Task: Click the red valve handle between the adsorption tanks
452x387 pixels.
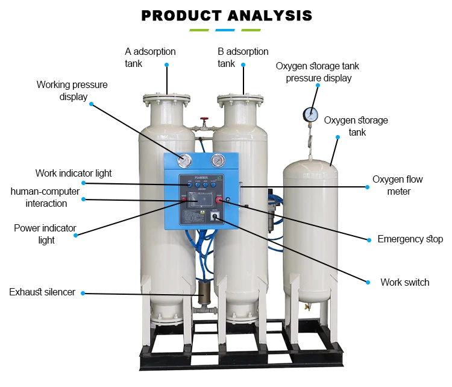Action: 205,120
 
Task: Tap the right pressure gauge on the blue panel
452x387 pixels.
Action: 217,162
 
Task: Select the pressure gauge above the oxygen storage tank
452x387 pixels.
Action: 311,113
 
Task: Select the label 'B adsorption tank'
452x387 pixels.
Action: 243,57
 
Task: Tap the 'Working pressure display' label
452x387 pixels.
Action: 72,90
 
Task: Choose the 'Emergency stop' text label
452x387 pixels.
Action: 410,239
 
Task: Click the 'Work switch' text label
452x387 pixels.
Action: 404,282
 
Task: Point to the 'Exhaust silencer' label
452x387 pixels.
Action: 42,292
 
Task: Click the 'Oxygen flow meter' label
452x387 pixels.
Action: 398,185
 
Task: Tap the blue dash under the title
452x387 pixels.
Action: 225,30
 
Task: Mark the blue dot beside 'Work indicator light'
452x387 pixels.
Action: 83,183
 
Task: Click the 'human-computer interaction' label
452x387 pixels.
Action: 46,197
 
